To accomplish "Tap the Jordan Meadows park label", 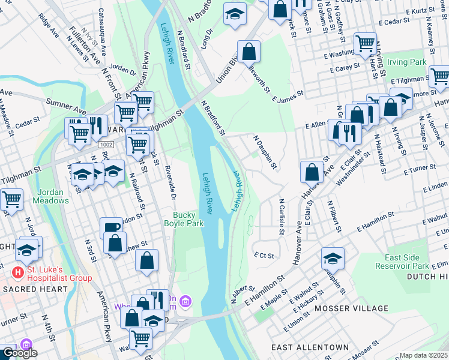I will click(51, 196).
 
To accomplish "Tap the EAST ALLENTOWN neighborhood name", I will click(309, 347).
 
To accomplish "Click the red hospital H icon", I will click(18, 272).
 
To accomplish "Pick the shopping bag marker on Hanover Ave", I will click(312, 172).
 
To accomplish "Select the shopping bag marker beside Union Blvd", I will click(249, 50).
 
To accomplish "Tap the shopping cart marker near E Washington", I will click(365, 43).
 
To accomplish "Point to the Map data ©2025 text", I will click(424, 355).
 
